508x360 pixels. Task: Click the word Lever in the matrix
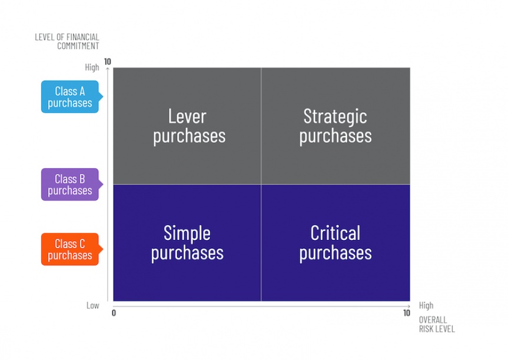tap(187, 116)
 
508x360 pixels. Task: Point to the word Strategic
tap(335, 117)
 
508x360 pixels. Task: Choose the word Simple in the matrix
tap(187, 234)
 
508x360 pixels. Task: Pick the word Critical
tap(335, 233)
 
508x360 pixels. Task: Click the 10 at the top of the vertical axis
tap(108, 62)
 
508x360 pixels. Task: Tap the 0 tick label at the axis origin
tap(114, 313)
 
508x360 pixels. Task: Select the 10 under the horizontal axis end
tap(407, 313)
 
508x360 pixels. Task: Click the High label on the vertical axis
tap(92, 67)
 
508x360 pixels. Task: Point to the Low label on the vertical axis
tap(92, 306)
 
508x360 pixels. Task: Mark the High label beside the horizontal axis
tap(426, 305)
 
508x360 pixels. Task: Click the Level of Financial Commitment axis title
tap(67, 41)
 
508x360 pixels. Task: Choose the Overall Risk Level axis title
tap(437, 324)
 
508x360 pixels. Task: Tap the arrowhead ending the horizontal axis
tap(409, 306)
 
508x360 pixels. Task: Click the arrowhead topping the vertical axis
tap(108, 69)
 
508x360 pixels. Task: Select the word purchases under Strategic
tap(336, 136)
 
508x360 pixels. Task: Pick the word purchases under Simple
tap(187, 253)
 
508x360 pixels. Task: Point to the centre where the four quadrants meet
tap(261, 184)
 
